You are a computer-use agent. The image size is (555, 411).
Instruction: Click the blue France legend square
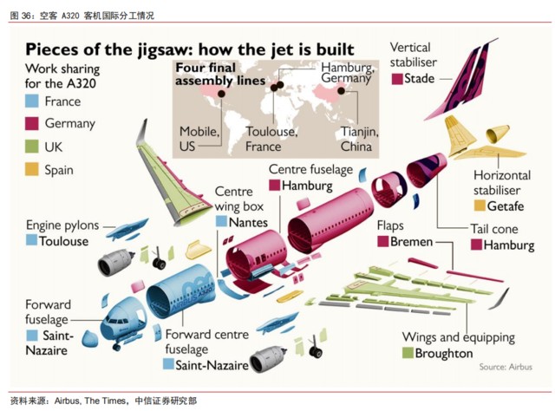click(x=32, y=101)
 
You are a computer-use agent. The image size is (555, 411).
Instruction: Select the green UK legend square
click(x=32, y=147)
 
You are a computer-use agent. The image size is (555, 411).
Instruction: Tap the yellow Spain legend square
click(x=32, y=170)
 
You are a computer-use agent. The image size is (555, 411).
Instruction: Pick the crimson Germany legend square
click(x=32, y=124)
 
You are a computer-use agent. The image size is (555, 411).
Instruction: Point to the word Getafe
click(x=506, y=206)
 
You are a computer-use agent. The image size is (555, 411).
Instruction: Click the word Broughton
click(x=444, y=353)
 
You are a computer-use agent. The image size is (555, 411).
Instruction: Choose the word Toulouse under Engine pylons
click(x=63, y=241)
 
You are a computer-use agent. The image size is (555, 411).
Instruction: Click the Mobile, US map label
click(x=199, y=139)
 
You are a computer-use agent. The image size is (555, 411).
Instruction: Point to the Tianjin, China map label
click(x=359, y=139)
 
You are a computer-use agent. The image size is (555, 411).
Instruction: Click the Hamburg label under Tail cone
click(x=509, y=245)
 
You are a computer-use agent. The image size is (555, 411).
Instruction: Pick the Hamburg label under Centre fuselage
click(x=307, y=186)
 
